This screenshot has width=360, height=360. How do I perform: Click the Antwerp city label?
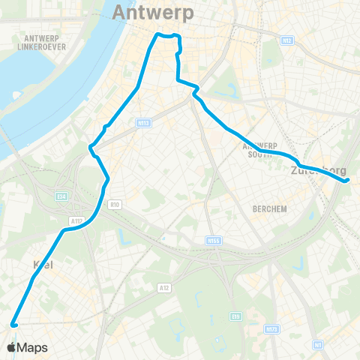pyautogui.click(x=153, y=13)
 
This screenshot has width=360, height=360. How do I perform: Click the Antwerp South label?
pyautogui.click(x=260, y=150)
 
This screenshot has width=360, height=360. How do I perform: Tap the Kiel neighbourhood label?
pyautogui.click(x=44, y=264)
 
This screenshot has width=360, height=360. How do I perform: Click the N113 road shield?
pyautogui.click(x=145, y=123)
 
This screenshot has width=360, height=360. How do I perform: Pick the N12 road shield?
pyautogui.click(x=288, y=40)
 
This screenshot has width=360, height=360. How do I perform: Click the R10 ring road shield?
pyautogui.click(x=115, y=203)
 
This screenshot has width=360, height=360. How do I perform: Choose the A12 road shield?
pyautogui.click(x=163, y=287)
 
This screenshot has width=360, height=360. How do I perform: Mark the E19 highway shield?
pyautogui.click(x=236, y=316)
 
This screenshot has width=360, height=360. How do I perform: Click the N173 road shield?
pyautogui.click(x=271, y=328)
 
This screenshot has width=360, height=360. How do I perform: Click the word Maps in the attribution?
pyautogui.click(x=33, y=348)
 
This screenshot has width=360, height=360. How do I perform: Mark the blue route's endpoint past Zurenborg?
pyautogui.click(x=347, y=180)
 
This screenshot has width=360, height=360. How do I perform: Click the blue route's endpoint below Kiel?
pyautogui.click(x=13, y=325)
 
